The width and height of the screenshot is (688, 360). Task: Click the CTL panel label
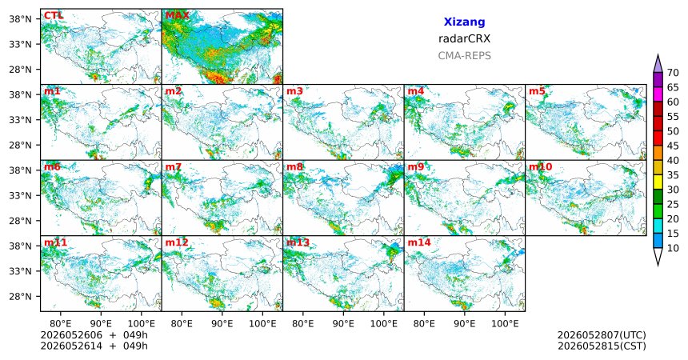click(54, 16)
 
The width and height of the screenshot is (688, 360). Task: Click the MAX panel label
click(178, 16)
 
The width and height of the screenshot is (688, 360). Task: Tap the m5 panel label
click(537, 91)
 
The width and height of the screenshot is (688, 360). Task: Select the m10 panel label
click(540, 167)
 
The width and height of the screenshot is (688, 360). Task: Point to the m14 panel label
click(419, 242)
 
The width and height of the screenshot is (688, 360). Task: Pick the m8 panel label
click(295, 167)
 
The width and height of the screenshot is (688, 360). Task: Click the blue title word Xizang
click(464, 22)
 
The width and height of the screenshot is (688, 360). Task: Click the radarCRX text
click(464, 38)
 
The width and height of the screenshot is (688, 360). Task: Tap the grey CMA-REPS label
click(464, 56)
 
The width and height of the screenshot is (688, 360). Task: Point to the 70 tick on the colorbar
click(673, 73)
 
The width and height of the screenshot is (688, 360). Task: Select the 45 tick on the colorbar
click(673, 146)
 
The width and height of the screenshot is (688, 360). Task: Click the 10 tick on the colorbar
click(673, 248)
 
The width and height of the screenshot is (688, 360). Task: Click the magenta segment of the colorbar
click(658, 94)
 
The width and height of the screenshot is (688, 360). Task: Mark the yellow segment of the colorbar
click(658, 182)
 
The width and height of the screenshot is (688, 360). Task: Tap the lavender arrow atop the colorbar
click(658, 63)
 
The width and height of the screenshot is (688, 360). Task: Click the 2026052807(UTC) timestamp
click(602, 335)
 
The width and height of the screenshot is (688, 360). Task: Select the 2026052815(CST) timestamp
click(602, 346)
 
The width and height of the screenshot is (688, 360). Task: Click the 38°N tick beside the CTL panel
click(20, 19)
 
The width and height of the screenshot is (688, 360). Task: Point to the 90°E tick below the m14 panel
click(464, 324)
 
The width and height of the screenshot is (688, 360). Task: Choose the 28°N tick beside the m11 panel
click(20, 296)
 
